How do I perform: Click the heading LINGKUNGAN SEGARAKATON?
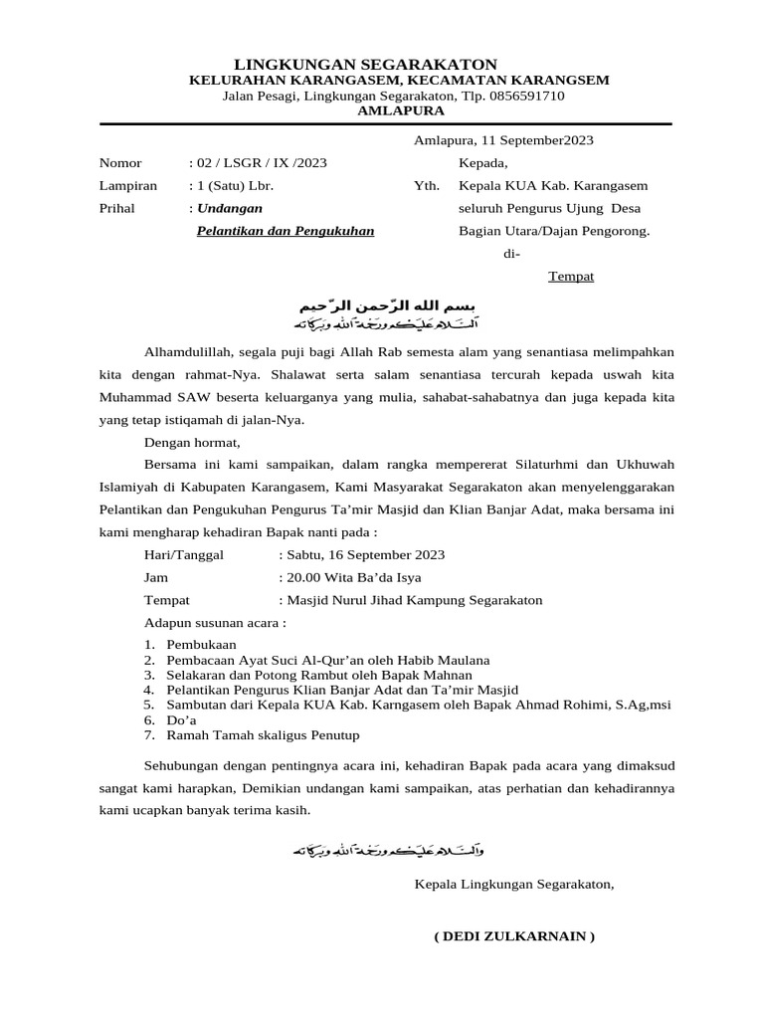(365, 64)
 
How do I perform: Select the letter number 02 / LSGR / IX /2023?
(262, 162)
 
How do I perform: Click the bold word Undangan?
(230, 208)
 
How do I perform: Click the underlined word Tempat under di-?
(571, 277)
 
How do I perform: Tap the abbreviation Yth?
(426, 185)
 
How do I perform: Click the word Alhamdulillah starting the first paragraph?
(187, 351)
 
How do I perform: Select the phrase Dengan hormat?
(192, 443)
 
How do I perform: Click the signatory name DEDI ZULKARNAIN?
(514, 936)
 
